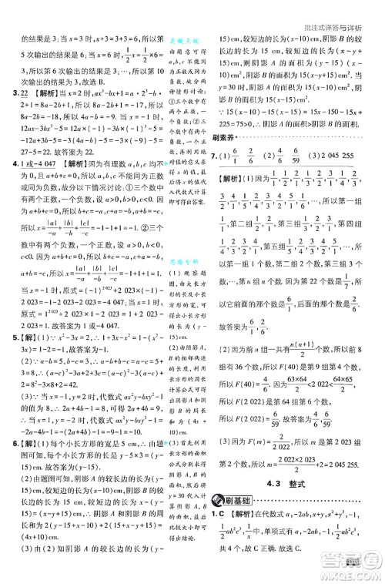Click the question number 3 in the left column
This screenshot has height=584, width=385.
7,92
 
